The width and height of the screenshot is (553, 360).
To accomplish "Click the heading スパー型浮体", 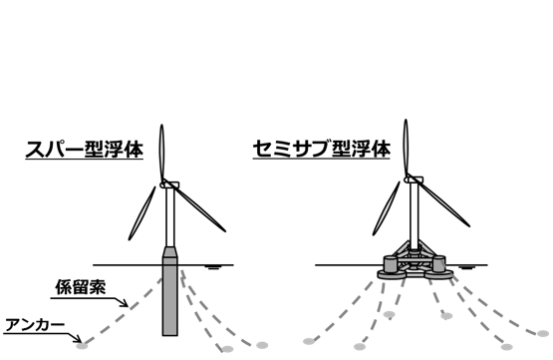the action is tap(85, 150).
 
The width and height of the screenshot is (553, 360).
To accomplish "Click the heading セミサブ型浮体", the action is tap(322, 150).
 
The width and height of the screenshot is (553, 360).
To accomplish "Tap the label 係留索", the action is tap(81, 287).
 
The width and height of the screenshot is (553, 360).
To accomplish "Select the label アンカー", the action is tap(35, 325).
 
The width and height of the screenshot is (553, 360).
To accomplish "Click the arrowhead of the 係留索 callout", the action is tap(125, 303).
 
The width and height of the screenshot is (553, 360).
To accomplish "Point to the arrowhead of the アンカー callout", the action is tap(78, 339).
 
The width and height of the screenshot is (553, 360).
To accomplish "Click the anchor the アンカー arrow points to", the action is tap(82, 346).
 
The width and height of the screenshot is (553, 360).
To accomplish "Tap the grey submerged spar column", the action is tap(170, 291).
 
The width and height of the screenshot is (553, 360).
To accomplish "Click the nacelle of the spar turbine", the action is tap(170, 184).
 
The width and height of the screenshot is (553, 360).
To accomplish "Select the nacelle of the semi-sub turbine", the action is tap(415, 180).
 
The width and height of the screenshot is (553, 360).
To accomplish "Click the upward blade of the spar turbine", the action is tap(161, 154).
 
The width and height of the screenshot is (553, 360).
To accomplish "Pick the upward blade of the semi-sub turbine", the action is tap(406, 149).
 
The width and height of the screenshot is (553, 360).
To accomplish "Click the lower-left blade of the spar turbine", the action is tap(141, 213).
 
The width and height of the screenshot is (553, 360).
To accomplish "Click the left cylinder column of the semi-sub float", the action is tap(391, 264).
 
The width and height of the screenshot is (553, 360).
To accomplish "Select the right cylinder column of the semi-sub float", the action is tap(439, 264).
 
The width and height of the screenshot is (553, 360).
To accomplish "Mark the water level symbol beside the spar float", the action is tap(212, 267).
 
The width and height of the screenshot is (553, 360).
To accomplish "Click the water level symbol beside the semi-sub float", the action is tap(467, 267).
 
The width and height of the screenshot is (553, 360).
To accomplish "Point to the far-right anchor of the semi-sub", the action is tap(543, 333).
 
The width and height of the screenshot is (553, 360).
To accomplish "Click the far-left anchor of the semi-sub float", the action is tap(309, 341).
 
